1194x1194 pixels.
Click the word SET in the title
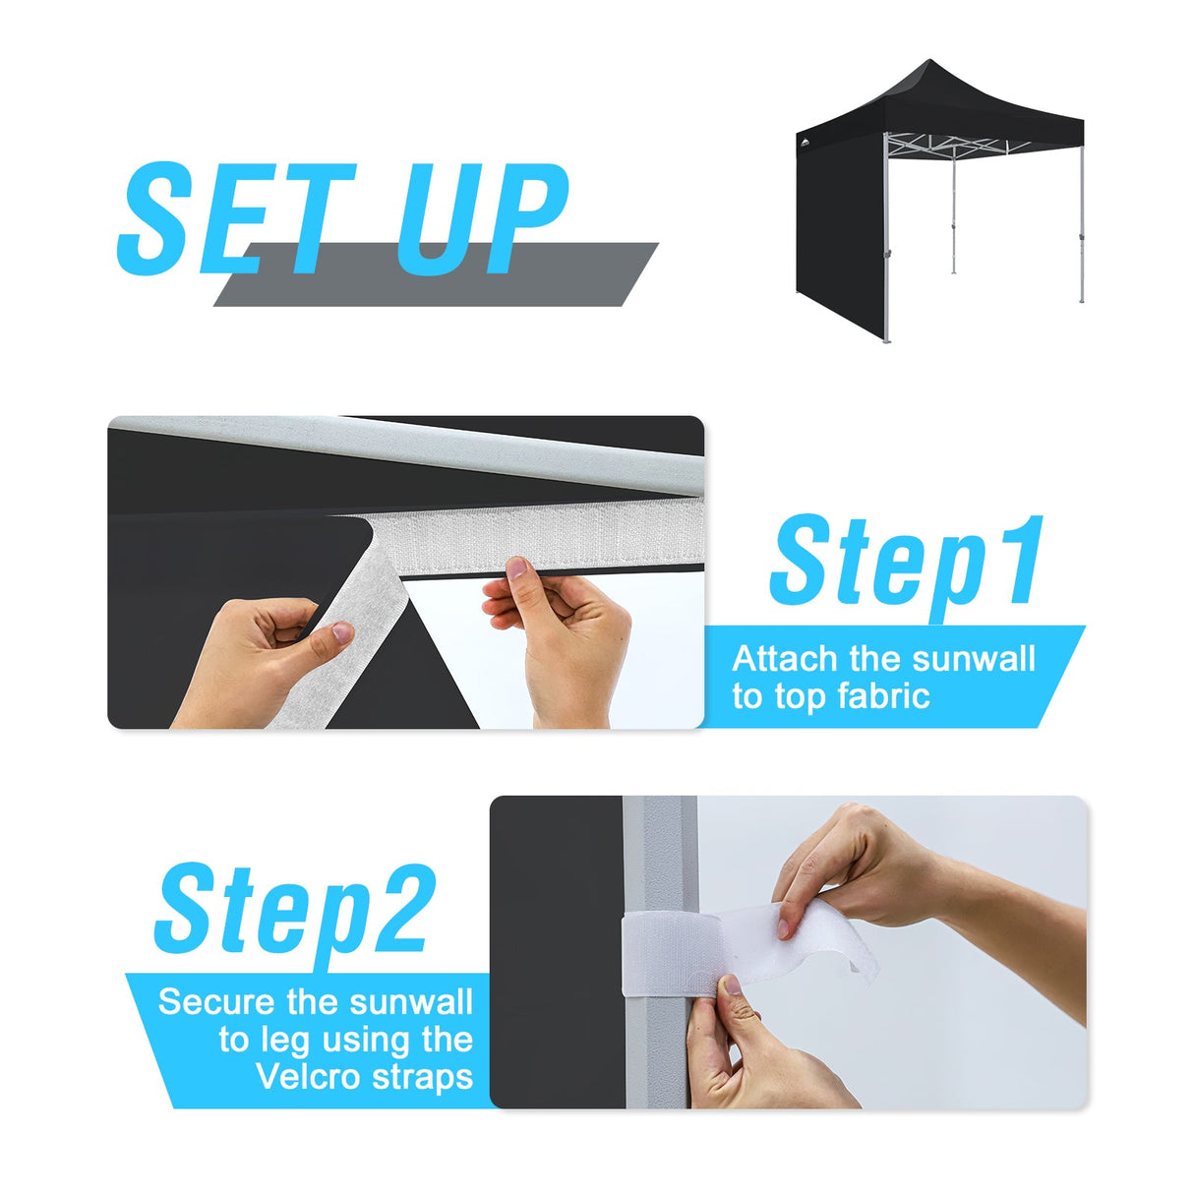click(236, 218)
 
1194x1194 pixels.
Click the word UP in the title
click(482, 218)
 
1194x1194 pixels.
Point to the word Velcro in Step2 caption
click(306, 1076)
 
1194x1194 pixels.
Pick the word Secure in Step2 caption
click(215, 1001)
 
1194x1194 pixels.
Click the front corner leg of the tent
click(885, 246)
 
